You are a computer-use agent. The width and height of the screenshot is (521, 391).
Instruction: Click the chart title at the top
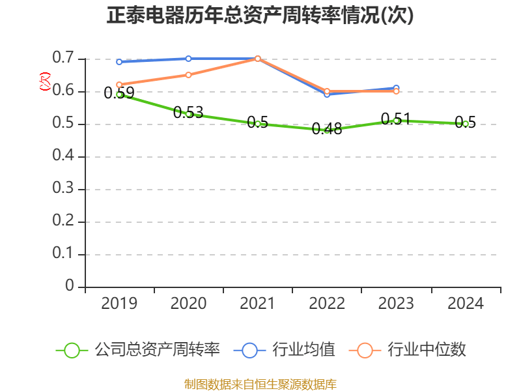click(x=260, y=15)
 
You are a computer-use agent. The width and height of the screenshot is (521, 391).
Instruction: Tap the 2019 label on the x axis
click(x=119, y=303)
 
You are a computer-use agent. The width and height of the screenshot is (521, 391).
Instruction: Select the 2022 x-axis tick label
click(x=327, y=303)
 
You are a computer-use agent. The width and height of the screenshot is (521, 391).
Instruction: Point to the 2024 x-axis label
click(x=466, y=303)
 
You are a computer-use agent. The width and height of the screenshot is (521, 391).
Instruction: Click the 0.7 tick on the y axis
click(x=64, y=59)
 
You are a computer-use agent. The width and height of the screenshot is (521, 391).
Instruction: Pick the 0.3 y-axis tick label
click(x=64, y=189)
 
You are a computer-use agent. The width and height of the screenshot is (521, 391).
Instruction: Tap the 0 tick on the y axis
click(x=70, y=287)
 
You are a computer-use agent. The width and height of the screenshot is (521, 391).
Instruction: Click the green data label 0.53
click(x=188, y=112)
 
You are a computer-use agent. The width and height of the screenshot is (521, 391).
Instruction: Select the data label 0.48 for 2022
click(x=327, y=128)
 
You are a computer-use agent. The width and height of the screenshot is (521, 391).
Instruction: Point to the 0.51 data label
click(x=396, y=119)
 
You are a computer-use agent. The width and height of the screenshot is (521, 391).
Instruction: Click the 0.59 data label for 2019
click(x=119, y=93)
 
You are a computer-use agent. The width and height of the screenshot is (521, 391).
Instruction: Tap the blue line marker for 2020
click(x=188, y=59)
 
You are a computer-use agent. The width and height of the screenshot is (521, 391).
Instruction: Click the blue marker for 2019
click(x=119, y=62)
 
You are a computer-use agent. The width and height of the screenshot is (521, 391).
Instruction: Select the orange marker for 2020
click(x=188, y=75)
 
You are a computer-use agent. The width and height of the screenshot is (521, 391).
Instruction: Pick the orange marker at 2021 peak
click(x=258, y=59)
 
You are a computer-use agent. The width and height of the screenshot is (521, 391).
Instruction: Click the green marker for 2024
click(x=466, y=124)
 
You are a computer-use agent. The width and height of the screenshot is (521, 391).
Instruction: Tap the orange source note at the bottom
click(x=260, y=384)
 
